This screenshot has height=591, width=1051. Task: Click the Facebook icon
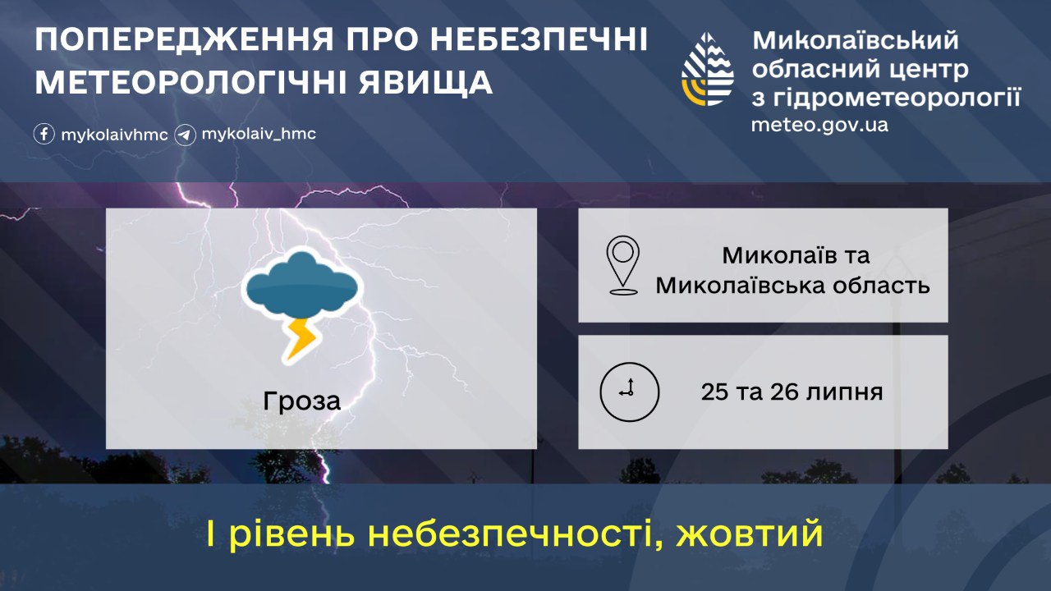pyautogui.click(x=44, y=134)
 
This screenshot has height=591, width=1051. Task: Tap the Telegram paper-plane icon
pyautogui.click(x=185, y=135)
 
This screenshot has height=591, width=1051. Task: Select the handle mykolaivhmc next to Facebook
pyautogui.click(x=114, y=135)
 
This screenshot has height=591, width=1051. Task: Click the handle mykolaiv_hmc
pyautogui.click(x=259, y=134)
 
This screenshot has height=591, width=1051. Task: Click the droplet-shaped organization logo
pyautogui.click(x=708, y=69)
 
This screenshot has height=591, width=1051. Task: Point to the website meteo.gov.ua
pyautogui.click(x=819, y=126)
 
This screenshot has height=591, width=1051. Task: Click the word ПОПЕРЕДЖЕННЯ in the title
pyautogui.click(x=184, y=39)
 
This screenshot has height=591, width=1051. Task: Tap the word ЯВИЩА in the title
pyautogui.click(x=425, y=84)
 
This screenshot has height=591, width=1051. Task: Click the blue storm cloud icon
pyautogui.click(x=301, y=284)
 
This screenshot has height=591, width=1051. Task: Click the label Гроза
pyautogui.click(x=301, y=401)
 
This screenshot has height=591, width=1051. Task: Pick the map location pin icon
pyautogui.click(x=622, y=265)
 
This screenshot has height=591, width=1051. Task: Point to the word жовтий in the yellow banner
pyautogui.click(x=749, y=534)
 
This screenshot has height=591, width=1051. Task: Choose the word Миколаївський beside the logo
pyautogui.click(x=856, y=41)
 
